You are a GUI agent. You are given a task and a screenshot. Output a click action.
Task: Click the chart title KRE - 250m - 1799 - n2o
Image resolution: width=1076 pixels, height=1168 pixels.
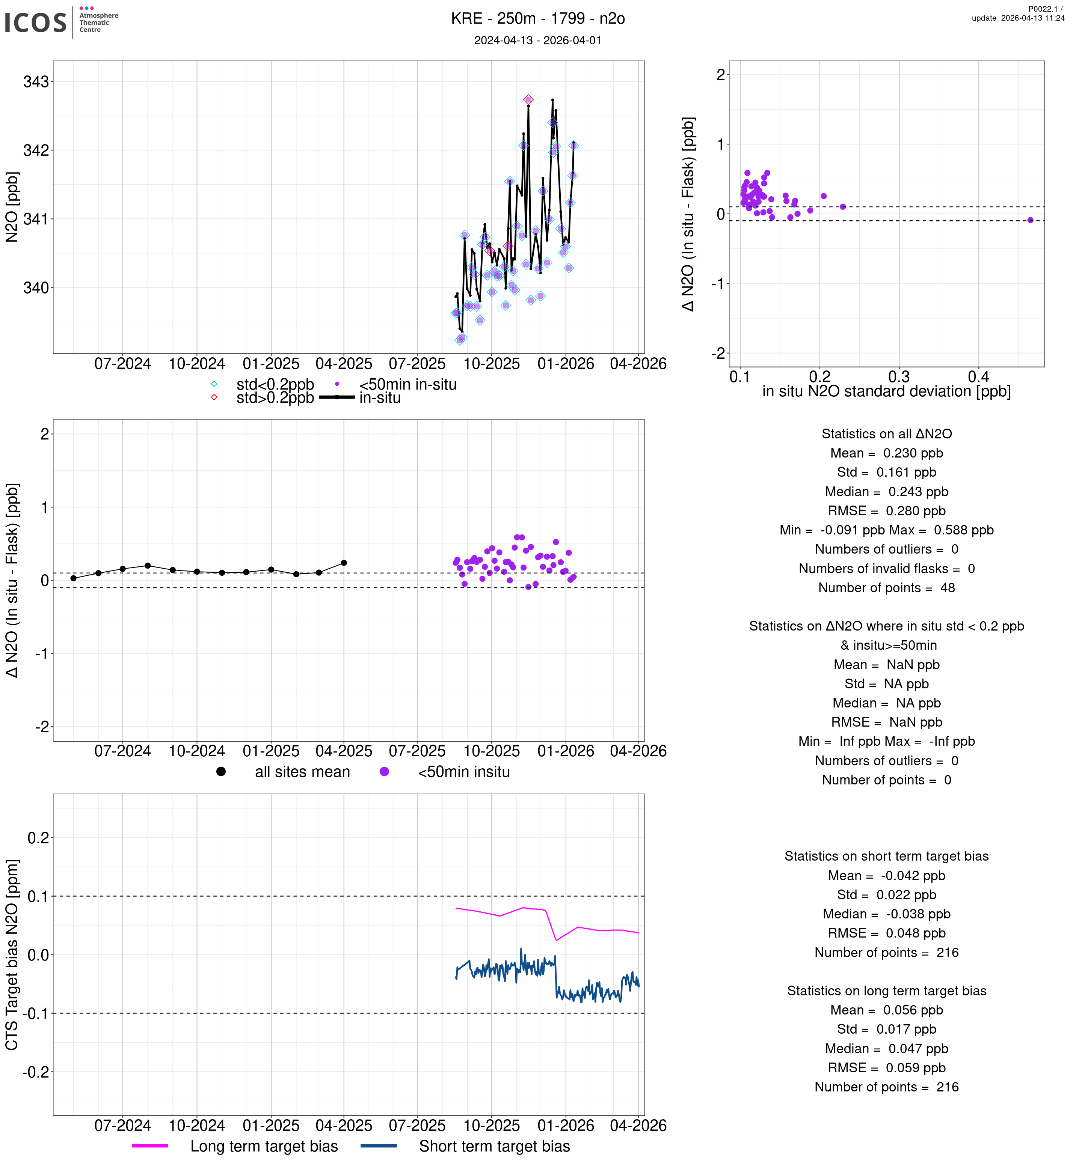537,19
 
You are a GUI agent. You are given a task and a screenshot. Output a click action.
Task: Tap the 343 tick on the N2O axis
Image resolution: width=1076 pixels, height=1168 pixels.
36,82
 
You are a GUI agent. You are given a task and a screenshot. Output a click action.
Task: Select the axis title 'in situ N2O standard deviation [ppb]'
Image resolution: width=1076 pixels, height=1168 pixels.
886,392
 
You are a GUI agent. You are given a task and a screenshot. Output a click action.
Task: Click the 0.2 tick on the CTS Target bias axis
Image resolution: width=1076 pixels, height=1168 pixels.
38,838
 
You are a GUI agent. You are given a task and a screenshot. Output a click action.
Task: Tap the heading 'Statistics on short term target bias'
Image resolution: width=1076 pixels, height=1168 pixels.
886,856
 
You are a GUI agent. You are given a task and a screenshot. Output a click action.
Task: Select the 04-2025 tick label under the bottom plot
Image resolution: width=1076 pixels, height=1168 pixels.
344,1126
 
